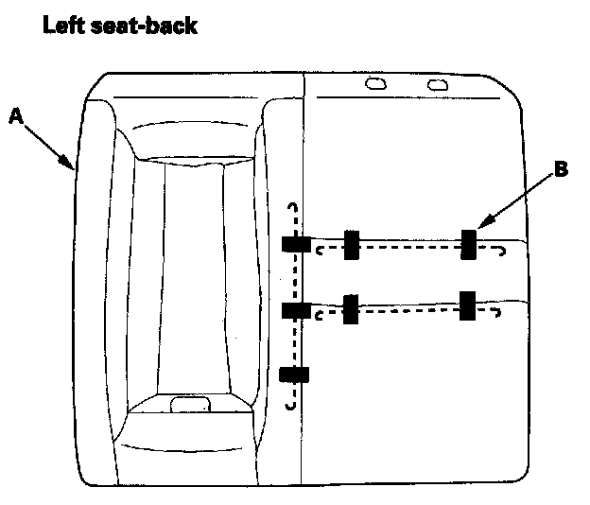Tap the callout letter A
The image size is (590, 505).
click(16, 115)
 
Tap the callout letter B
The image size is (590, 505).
click(560, 170)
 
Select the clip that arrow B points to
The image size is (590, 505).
click(468, 244)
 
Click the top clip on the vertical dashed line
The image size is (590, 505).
click(296, 244)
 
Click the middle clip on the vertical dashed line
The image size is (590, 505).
click(296, 309)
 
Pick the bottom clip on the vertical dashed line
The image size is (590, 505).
click(295, 374)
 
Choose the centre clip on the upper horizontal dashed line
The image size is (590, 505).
click(351, 244)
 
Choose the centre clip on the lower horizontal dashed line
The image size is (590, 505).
click(351, 308)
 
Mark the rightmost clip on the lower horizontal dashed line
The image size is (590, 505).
click(467, 305)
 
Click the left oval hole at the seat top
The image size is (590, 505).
click(375, 84)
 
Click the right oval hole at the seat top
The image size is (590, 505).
click(437, 85)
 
